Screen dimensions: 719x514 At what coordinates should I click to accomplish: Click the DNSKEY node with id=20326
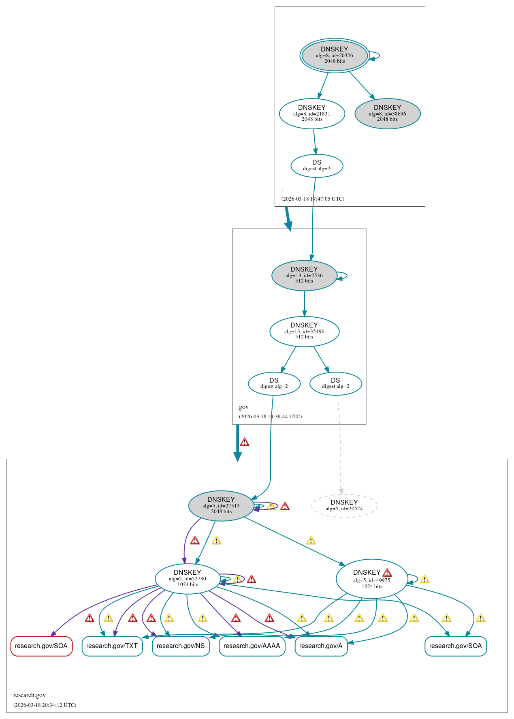[334, 55]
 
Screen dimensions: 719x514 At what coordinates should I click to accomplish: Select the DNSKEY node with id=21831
[312, 113]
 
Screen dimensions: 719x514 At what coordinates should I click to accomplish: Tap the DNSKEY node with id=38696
[387, 113]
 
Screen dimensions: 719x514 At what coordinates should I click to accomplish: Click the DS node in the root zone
[317, 165]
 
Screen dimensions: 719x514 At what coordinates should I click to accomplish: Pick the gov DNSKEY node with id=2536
[304, 275]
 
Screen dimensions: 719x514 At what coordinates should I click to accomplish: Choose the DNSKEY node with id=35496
[304, 331]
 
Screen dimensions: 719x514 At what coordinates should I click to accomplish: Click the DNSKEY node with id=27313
[221, 505]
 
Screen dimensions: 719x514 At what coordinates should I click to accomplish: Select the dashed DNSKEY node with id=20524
[344, 505]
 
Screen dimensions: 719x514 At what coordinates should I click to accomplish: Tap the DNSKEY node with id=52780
[188, 579]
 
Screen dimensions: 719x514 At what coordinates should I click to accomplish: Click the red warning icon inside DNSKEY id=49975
[387, 572]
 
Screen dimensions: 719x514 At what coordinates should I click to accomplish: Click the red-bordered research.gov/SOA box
[41, 646]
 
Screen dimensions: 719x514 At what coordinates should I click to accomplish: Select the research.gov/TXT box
[112, 646]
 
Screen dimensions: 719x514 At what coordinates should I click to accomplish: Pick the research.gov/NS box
[181, 646]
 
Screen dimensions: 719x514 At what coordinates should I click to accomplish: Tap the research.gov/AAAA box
[252, 646]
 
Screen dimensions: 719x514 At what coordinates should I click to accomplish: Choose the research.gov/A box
[321, 646]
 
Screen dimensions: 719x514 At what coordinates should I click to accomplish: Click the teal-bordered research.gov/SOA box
[456, 646]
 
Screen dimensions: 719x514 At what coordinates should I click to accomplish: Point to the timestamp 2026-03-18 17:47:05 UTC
[313, 199]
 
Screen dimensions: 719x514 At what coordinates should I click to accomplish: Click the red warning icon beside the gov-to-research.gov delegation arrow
[244, 442]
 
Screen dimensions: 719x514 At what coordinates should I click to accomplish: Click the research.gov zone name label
[30, 695]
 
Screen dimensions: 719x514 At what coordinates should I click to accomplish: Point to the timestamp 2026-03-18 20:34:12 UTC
[45, 705]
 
